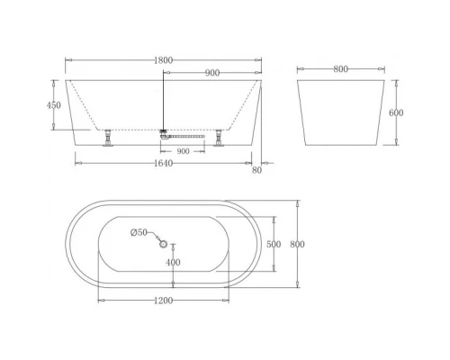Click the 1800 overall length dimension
pos(164,60)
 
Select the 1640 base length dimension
pos(162,164)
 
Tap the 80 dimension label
pos(258,168)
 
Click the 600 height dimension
pos(395,113)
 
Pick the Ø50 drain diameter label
pos(139,233)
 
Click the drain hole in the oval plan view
pos(163,243)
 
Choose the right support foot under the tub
pos(219,139)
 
